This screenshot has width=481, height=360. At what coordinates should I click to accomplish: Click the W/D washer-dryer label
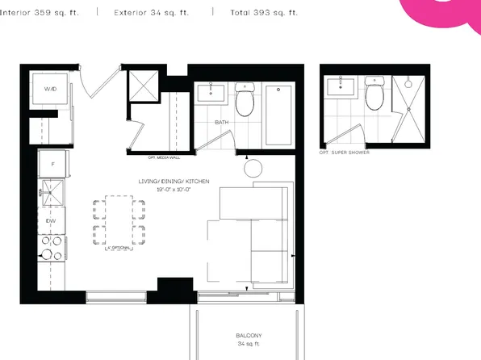click(50, 89)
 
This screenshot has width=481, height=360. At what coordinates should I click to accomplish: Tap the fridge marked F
click(52, 164)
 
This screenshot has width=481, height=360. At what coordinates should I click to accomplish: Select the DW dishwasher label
click(50, 219)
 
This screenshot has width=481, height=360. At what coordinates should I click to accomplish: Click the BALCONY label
click(249, 335)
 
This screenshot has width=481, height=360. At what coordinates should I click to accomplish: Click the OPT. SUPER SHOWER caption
click(345, 152)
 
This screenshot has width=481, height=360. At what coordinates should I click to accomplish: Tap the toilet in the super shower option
click(374, 95)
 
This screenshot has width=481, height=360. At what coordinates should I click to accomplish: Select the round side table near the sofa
click(253, 169)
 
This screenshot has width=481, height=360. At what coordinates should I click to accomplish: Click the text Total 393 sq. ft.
click(264, 13)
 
